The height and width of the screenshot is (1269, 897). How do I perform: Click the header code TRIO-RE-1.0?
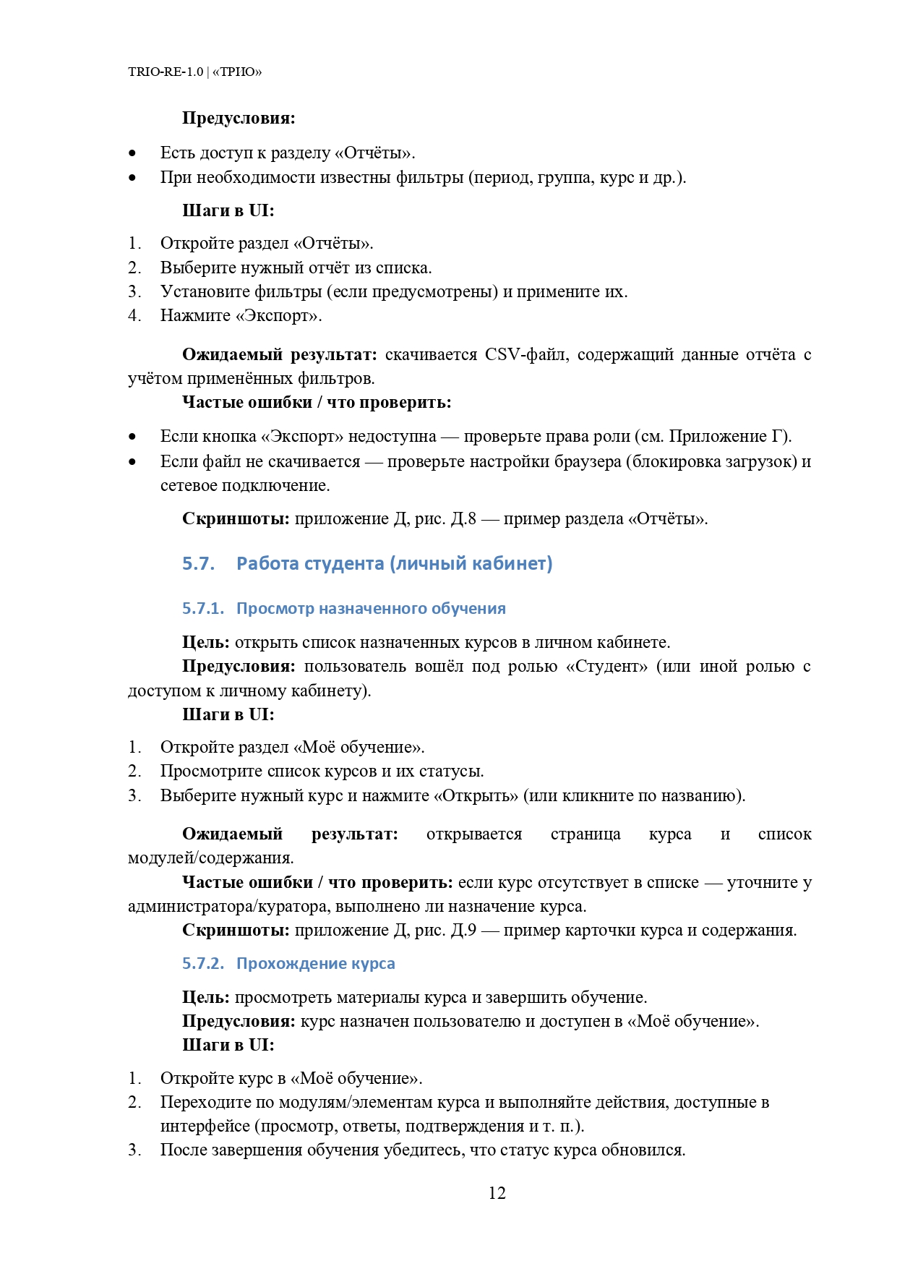(166, 72)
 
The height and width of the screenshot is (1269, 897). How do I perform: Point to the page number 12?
(497, 1193)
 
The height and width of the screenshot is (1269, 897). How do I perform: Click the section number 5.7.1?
(203, 608)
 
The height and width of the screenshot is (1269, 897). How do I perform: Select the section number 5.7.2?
(203, 963)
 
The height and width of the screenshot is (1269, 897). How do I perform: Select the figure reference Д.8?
(463, 518)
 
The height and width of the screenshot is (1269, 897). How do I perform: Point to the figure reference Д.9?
(463, 930)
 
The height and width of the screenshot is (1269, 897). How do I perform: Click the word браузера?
(583, 461)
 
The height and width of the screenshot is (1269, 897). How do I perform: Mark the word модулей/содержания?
(210, 858)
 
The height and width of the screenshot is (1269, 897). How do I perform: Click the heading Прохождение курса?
(315, 963)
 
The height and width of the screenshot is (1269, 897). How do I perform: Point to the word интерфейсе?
(205, 1126)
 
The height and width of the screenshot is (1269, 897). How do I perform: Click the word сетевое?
(189, 485)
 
